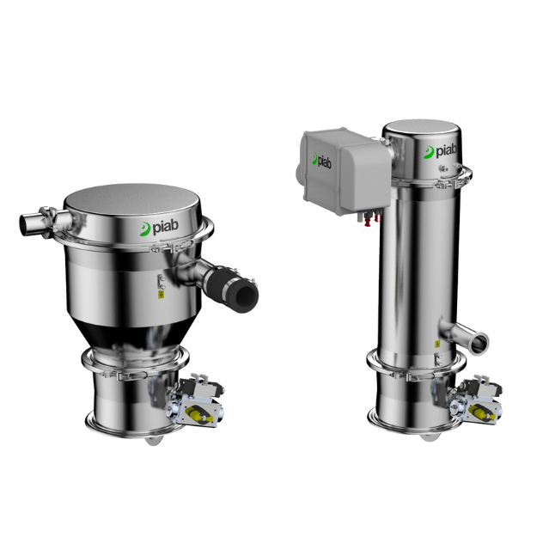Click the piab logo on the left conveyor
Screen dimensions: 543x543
click(x=159, y=228)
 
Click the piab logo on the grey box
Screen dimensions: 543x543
click(x=321, y=161)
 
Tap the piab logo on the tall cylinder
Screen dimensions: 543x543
click(x=440, y=151)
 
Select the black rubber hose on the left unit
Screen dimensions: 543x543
click(x=231, y=289)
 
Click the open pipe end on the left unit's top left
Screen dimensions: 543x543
click(x=25, y=225)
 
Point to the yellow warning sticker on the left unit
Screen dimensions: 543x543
click(x=161, y=295)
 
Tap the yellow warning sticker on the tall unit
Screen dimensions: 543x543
click(x=437, y=344)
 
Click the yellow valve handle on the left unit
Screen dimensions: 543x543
click(x=197, y=413)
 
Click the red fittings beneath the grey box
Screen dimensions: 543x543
click(x=372, y=220)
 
